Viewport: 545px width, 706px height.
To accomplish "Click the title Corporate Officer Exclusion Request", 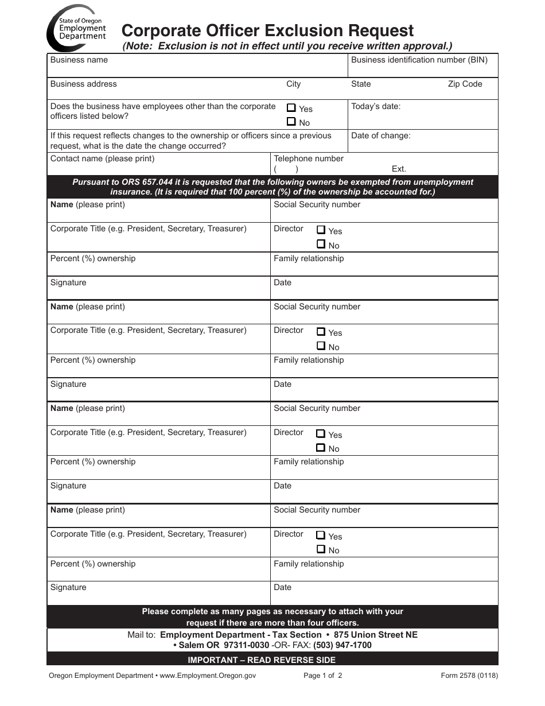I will (x=267, y=30).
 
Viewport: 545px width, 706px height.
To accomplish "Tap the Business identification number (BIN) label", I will (x=419, y=60).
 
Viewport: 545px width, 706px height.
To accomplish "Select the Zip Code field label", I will (x=465, y=84).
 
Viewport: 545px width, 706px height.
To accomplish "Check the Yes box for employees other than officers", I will (x=291, y=108).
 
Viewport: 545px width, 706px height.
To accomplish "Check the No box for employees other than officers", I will (x=291, y=122).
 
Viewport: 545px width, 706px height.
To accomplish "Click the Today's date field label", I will (x=376, y=106).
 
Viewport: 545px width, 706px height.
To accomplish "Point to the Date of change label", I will (x=380, y=136).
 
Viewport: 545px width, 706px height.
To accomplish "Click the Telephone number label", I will (x=309, y=158).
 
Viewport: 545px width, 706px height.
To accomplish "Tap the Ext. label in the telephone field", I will (x=399, y=169).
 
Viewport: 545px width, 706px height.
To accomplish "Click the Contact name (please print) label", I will (x=102, y=158).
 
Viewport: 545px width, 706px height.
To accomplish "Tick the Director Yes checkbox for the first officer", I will (x=321, y=230).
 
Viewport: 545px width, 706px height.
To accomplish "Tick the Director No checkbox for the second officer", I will (x=321, y=346).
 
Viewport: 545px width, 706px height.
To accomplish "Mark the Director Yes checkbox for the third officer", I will (x=321, y=434).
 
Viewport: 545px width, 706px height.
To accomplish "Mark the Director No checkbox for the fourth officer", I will (x=321, y=549).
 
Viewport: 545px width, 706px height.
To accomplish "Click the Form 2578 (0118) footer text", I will (x=469, y=676).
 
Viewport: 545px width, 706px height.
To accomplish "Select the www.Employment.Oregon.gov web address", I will (x=208, y=676).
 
